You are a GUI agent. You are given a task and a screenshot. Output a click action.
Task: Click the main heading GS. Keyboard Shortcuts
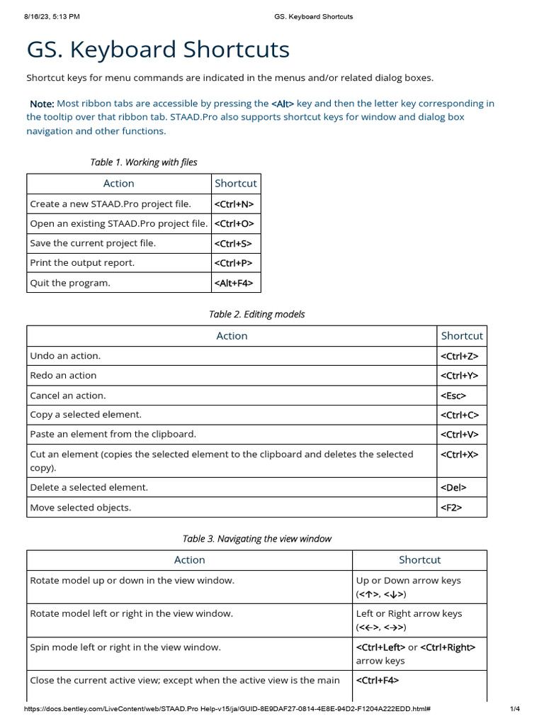[x=158, y=50]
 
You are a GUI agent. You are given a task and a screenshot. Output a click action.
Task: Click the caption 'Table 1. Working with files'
[x=144, y=162]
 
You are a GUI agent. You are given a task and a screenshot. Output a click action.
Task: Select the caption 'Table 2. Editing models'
[x=256, y=314]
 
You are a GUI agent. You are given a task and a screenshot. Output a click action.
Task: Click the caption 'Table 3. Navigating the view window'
[x=256, y=539]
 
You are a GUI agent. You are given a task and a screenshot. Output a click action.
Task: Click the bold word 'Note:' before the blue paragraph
[x=42, y=104]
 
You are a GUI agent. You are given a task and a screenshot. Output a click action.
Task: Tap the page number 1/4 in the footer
[x=515, y=709]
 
